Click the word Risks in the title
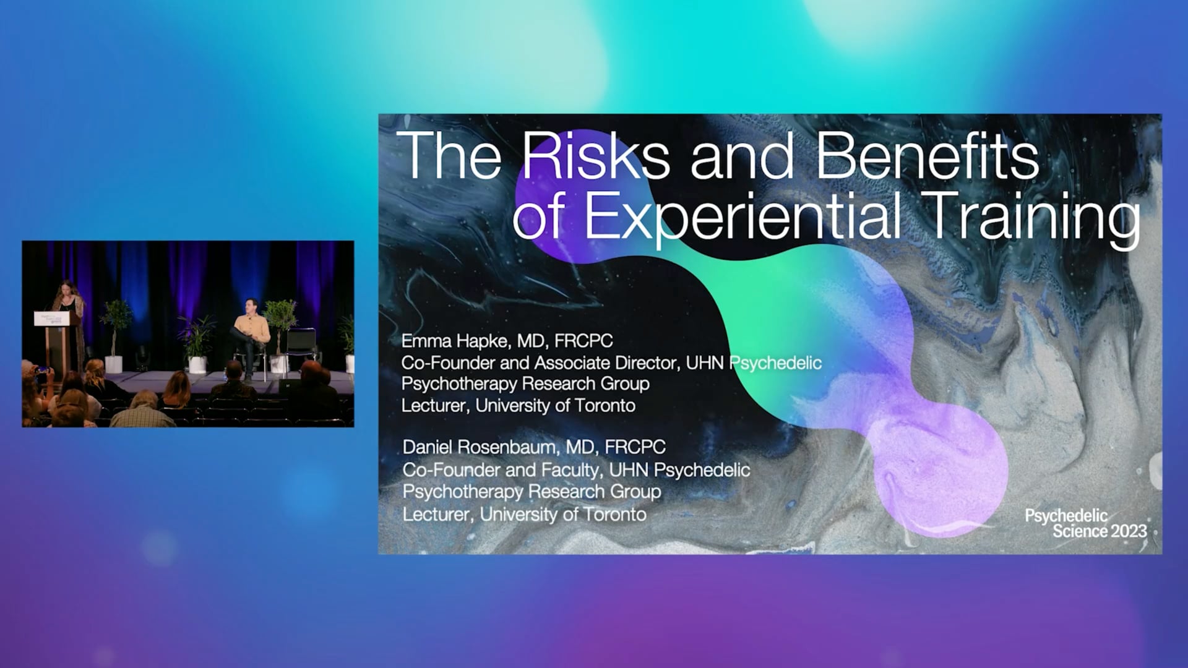coord(596,156)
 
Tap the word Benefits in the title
coord(927,156)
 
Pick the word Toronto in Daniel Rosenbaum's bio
coord(615,515)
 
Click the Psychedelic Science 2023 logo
coord(1086,524)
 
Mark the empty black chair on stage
coord(301,346)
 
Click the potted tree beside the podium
coord(114,334)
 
